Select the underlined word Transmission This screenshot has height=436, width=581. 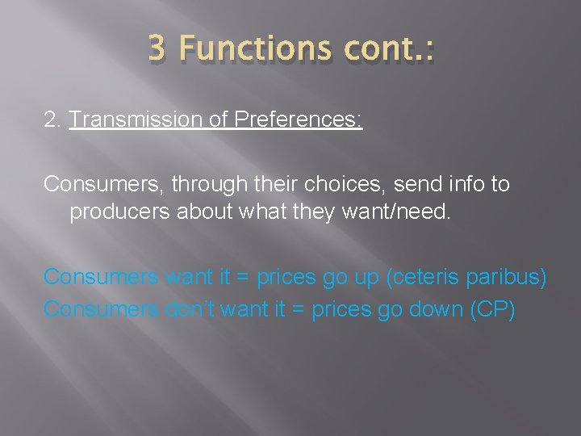[x=130, y=120]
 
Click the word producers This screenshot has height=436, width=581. [x=115, y=213]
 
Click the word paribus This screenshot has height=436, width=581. [x=508, y=277]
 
